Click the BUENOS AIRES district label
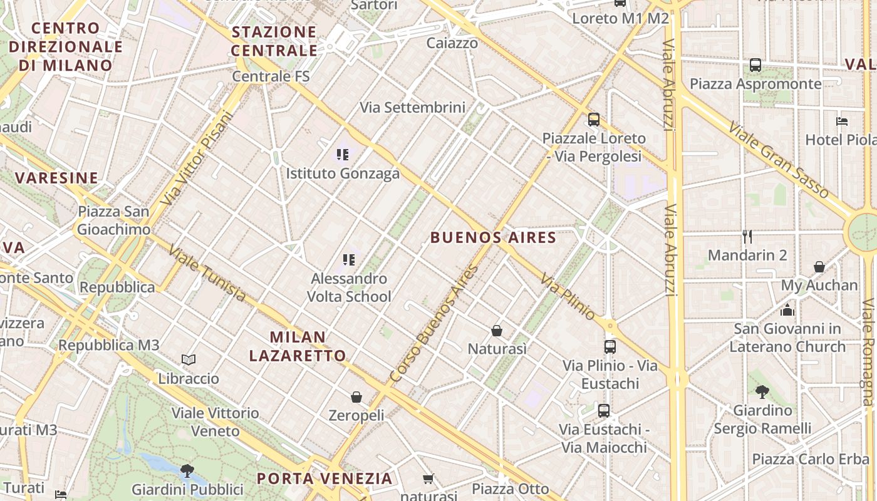click(x=493, y=237)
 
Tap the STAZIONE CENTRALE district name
click(x=274, y=41)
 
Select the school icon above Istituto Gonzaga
click(x=342, y=154)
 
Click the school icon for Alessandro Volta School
click(x=349, y=259)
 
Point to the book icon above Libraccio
click(x=189, y=359)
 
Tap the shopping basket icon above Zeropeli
click(x=356, y=397)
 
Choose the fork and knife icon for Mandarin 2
click(x=747, y=236)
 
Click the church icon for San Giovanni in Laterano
click(x=787, y=309)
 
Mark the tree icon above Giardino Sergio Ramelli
click(x=762, y=392)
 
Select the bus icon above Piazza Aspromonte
click(x=755, y=65)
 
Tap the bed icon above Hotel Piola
click(x=842, y=121)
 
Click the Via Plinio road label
click(x=568, y=297)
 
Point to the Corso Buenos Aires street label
click(x=433, y=324)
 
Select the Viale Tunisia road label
click(x=206, y=272)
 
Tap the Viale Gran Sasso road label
click(x=779, y=160)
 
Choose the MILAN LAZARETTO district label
click(x=298, y=346)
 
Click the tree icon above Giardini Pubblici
click(x=187, y=470)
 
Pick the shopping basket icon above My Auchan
click(x=819, y=267)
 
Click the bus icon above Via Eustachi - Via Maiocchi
click(x=603, y=411)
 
